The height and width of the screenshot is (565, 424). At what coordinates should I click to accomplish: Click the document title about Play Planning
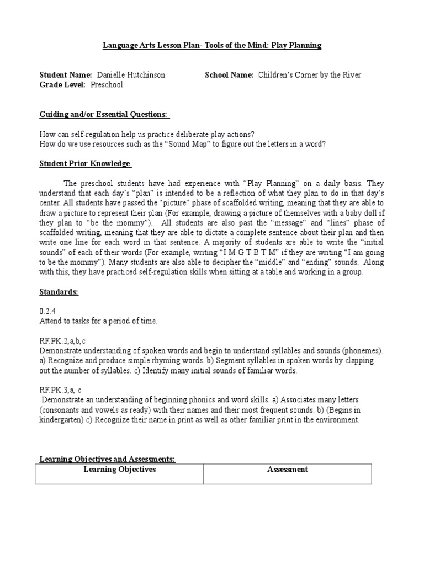coord(212,45)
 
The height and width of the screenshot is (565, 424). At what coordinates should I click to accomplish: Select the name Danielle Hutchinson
coord(131,75)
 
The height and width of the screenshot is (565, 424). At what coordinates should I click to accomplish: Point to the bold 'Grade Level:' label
coord(62,85)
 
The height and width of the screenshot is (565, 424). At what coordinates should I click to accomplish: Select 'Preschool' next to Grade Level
coord(107,85)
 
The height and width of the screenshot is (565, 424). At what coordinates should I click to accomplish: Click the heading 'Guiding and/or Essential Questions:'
coord(105,114)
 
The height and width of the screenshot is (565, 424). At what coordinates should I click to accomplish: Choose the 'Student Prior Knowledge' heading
coord(85,164)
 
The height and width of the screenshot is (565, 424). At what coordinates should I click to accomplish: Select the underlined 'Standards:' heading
coord(59,292)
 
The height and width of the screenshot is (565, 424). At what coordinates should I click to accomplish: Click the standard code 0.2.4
coord(48,311)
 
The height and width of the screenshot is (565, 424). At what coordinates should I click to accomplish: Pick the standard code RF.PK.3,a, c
coord(63,390)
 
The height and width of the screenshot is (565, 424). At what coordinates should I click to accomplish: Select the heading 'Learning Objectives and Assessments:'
coord(107,459)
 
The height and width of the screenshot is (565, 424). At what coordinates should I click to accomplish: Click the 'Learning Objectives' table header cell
coord(119,470)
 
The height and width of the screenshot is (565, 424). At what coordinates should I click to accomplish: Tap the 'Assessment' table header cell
coord(287,470)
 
